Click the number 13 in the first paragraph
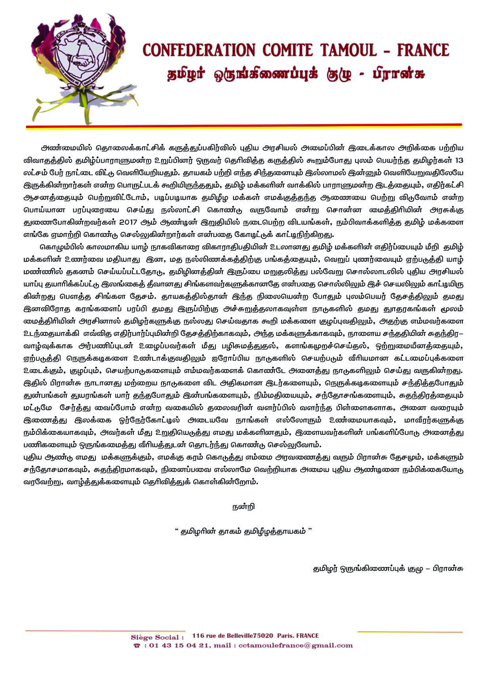click(x=459, y=161)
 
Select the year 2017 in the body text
click(x=128, y=222)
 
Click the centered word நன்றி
click(x=244, y=506)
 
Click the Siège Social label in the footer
click(x=157, y=637)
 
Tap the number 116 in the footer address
click(x=198, y=636)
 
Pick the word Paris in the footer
click(x=285, y=636)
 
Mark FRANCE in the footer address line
click(x=307, y=636)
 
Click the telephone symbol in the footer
click(x=137, y=646)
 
